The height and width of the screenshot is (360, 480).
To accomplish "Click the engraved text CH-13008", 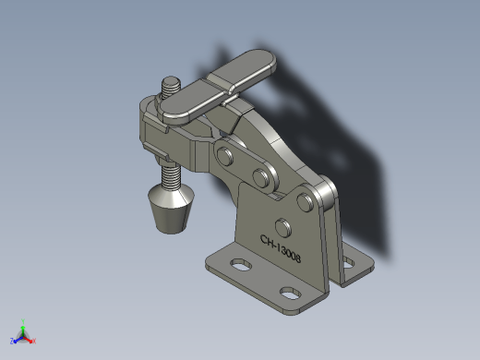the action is click(281, 248).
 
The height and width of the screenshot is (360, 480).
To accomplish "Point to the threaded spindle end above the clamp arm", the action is click(171, 87).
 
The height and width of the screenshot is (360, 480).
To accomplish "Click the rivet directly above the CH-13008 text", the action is click(283, 228).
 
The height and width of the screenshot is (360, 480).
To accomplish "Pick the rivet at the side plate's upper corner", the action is click(305, 202).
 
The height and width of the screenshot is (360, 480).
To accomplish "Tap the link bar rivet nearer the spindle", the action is click(224, 156).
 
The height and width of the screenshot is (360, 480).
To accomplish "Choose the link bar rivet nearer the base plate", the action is click(260, 177).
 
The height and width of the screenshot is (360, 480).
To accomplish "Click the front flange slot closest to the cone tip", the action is click(241, 265).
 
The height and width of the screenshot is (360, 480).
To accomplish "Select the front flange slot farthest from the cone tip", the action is click(291, 293).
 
